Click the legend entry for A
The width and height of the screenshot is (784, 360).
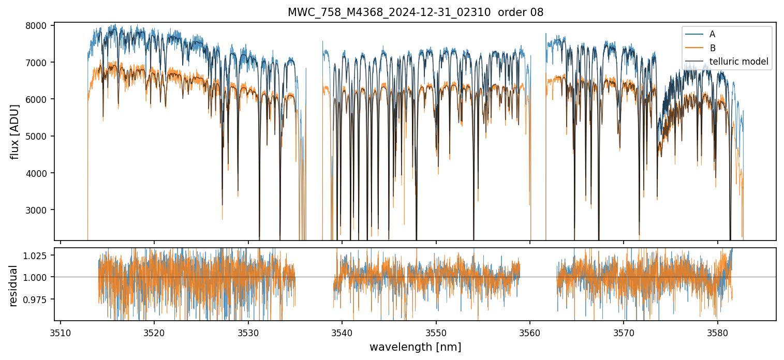pyautogui.click(x=712, y=35)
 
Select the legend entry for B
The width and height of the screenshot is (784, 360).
pyautogui.click(x=712, y=48)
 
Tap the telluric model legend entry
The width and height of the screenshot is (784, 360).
pyautogui.click(x=738, y=62)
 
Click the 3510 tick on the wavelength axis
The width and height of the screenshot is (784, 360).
pyautogui.click(x=61, y=332)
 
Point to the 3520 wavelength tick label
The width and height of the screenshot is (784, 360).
pyautogui.click(x=154, y=332)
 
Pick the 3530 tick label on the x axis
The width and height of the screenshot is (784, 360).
pyautogui.click(x=248, y=332)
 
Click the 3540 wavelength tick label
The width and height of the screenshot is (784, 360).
pyautogui.click(x=342, y=332)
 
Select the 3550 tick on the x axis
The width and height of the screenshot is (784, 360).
pyautogui.click(x=436, y=332)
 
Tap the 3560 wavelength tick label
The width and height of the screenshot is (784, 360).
pyautogui.click(x=530, y=332)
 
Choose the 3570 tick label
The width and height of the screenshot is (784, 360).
pyautogui.click(x=624, y=332)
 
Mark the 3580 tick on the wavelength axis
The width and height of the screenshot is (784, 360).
pyautogui.click(x=718, y=332)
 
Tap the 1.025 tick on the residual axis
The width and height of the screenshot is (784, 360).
pyautogui.click(x=37, y=256)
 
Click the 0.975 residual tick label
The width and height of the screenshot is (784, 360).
pyautogui.click(x=37, y=299)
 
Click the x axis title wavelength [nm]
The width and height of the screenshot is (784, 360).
pyautogui.click(x=415, y=347)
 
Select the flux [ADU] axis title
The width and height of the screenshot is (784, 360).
pyautogui.click(x=15, y=131)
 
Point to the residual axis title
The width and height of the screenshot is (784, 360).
pyautogui.click(x=14, y=285)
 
